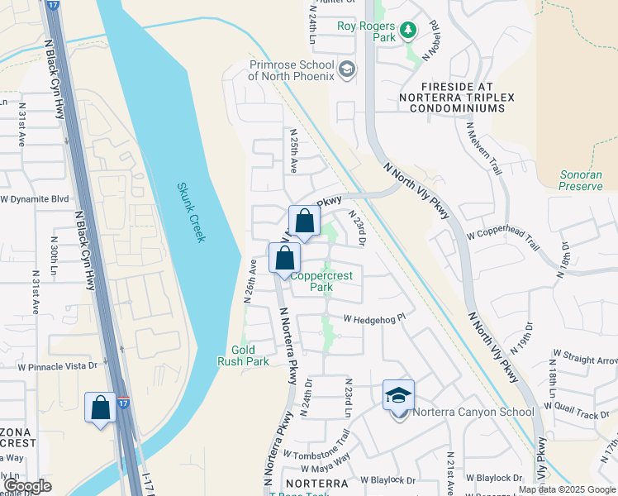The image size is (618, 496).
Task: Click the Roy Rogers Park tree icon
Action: click(x=407, y=31)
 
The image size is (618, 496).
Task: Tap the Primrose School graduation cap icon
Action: click(x=347, y=69)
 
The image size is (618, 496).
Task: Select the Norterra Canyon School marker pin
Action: click(x=398, y=397)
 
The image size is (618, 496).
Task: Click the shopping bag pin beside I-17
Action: click(x=101, y=408)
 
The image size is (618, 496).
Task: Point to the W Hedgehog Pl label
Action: click(x=375, y=317)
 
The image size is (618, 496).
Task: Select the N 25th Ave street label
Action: click(x=292, y=150)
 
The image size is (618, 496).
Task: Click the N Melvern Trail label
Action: click(x=484, y=149)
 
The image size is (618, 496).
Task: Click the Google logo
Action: click(x=27, y=486)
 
